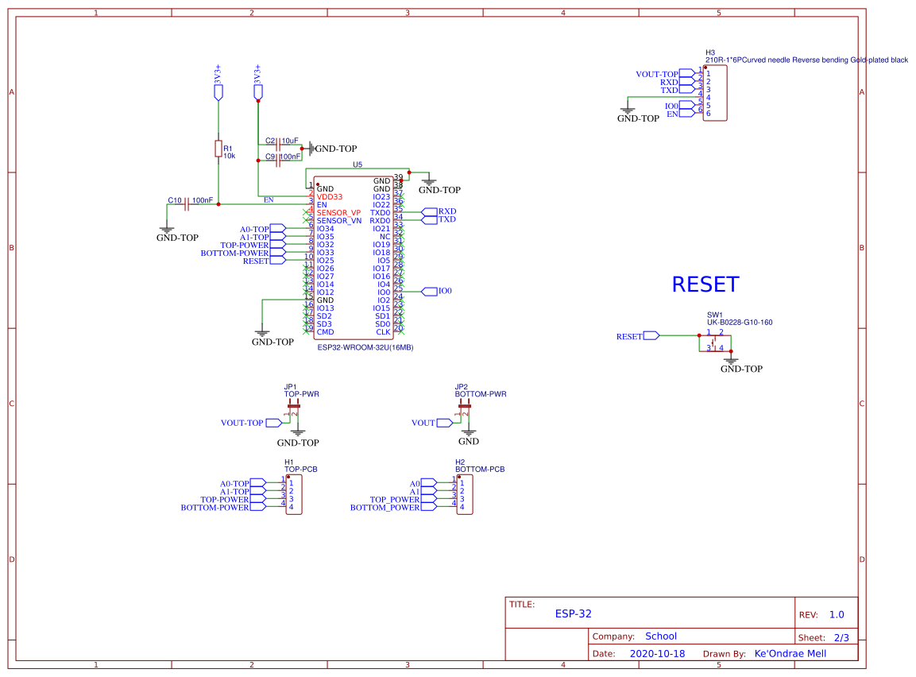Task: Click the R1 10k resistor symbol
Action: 218,149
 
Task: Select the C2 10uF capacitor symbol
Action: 278,148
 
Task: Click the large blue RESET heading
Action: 705,284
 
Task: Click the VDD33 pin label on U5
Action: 330,196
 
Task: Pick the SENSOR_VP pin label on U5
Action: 338,213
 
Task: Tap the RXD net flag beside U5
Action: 446,211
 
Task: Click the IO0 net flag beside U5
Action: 444,292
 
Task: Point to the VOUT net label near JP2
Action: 423,423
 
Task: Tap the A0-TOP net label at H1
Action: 234,483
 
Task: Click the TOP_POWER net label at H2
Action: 394,500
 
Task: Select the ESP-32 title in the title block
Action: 573,613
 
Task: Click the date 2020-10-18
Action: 657,653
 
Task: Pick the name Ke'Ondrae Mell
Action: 790,653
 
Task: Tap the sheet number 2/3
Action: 841,637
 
